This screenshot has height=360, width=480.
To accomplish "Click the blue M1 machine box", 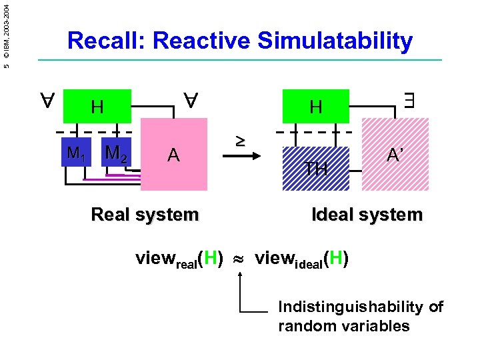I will click(75, 153).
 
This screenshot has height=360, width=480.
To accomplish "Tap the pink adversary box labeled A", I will click(174, 155).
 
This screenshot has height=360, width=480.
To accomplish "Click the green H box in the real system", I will click(97, 107).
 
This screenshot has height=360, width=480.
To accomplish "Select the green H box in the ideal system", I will click(316, 107).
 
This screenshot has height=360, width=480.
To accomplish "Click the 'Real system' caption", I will click(145, 215).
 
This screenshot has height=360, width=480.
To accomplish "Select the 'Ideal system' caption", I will click(367, 215).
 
